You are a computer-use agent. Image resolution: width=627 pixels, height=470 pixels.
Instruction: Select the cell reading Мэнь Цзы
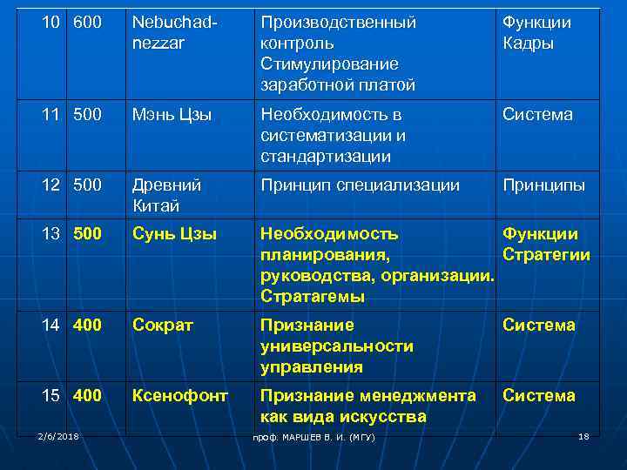172,114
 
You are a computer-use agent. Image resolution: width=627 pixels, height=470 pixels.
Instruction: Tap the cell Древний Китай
166,195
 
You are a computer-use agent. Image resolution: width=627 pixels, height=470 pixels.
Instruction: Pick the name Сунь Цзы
174,233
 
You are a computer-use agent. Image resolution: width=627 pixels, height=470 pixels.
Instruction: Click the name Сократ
163,325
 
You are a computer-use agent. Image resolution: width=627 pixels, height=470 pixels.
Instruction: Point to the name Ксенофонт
180,395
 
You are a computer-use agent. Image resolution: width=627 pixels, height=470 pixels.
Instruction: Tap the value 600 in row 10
87,23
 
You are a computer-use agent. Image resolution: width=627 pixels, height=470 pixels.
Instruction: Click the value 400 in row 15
87,395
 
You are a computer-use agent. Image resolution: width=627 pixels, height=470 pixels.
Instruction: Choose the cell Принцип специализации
360,185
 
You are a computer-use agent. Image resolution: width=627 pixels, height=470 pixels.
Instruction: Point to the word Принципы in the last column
543,185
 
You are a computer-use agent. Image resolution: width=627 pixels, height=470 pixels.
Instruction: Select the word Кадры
528,44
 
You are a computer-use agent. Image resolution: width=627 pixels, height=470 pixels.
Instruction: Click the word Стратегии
546,255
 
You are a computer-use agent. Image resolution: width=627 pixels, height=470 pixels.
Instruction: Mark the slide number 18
583,435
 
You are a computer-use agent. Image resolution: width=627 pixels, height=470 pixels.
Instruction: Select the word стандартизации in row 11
325,157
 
